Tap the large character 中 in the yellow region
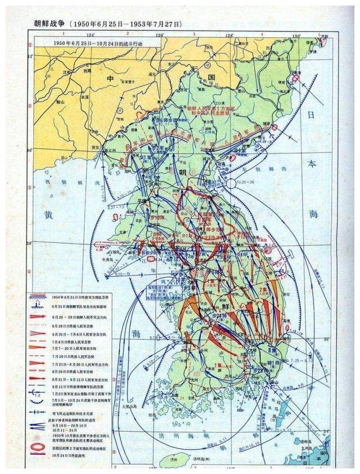(x=111, y=79)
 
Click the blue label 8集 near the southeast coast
(x=272, y=350)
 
